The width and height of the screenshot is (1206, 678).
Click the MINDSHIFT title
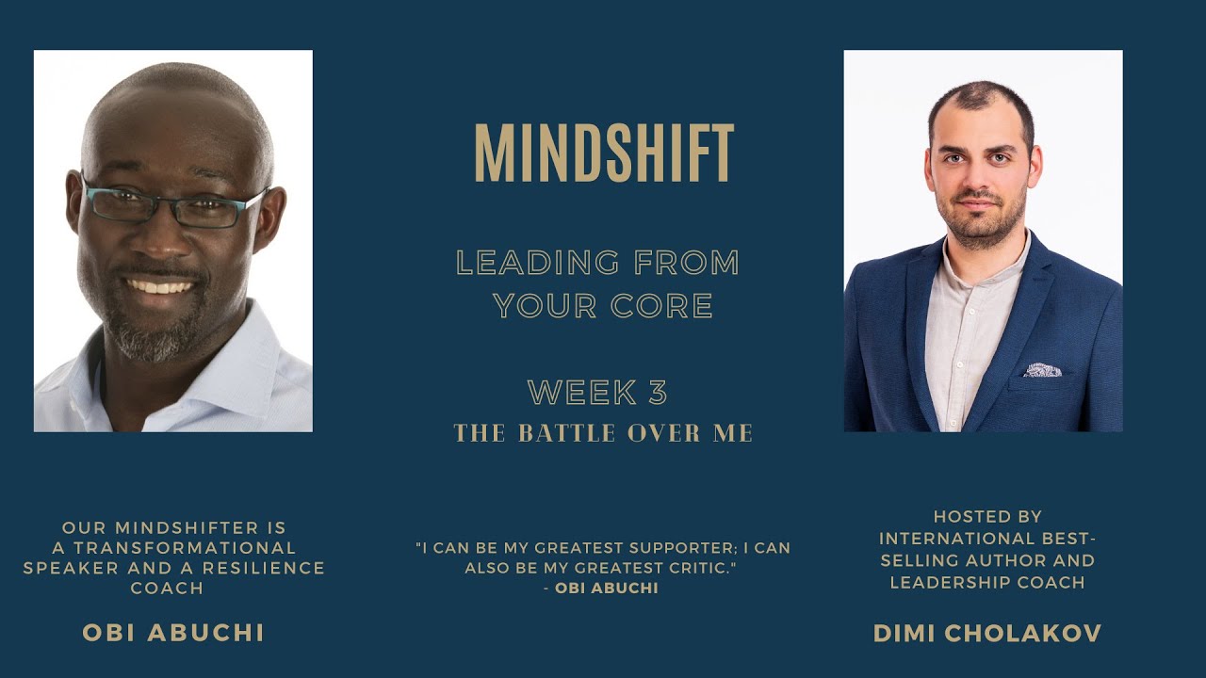point(603,153)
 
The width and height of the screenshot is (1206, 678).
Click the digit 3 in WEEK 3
point(658,392)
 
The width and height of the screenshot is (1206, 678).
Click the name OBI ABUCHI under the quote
point(607,589)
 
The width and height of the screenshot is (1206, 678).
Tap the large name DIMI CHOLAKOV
point(987,634)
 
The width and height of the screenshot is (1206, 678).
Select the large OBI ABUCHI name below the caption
point(173,633)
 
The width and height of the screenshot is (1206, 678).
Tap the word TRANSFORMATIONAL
point(185,547)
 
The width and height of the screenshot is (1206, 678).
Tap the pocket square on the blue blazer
point(1041,370)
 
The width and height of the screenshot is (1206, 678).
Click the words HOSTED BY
point(987,517)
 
